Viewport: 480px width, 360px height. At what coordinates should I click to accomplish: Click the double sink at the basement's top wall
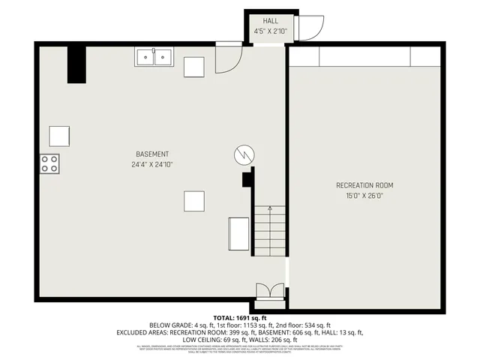tap(154, 58)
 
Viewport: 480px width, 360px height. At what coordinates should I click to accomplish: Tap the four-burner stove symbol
tap(50, 163)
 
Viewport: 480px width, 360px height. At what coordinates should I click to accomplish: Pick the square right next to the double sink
tap(194, 67)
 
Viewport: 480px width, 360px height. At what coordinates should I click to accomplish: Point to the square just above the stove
tap(60, 136)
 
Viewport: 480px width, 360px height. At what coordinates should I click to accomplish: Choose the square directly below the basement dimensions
tap(194, 201)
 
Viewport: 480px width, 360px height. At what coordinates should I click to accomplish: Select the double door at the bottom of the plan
tap(269, 292)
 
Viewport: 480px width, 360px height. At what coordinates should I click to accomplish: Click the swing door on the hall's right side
tap(310, 28)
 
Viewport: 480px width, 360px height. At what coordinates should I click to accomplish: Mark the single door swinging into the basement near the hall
tap(228, 58)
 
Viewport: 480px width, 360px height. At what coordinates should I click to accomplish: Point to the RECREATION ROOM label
tap(364, 185)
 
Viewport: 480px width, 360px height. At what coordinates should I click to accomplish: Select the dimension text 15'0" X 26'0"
tap(364, 196)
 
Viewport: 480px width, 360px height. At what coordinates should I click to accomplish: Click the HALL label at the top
tap(271, 21)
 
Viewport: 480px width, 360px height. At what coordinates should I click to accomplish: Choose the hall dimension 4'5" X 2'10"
tap(271, 31)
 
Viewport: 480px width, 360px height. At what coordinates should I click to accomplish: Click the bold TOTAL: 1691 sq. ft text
tap(239, 318)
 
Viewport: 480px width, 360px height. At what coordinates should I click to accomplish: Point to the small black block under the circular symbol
tap(246, 179)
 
